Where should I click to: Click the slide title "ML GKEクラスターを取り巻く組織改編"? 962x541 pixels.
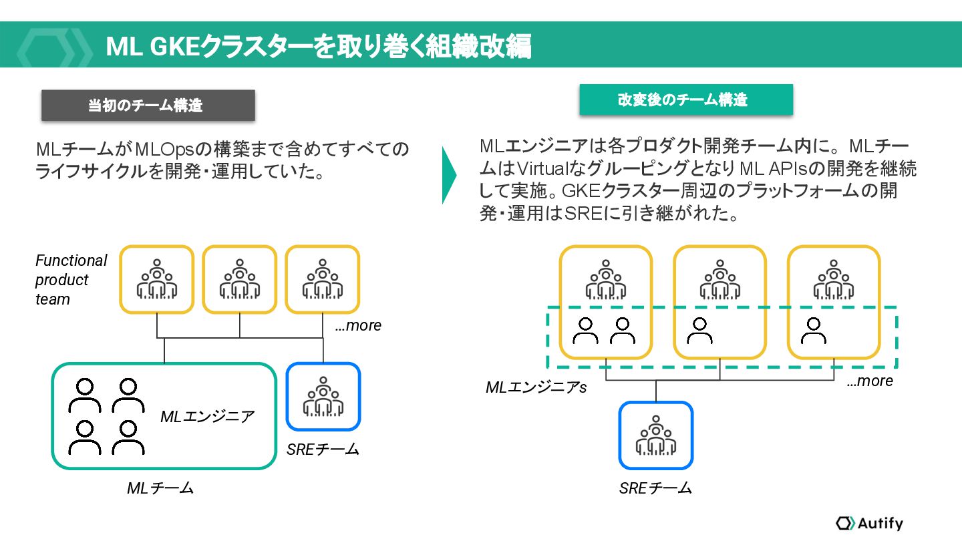[x=318, y=47]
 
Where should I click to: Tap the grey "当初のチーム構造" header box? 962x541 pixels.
[x=148, y=106]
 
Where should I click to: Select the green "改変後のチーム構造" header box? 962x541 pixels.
[x=685, y=100]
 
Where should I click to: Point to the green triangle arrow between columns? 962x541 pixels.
[x=449, y=175]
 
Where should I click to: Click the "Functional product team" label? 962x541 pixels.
[x=70, y=280]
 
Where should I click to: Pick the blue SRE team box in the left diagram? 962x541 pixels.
[x=323, y=397]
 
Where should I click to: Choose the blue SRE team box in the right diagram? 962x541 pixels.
[x=655, y=435]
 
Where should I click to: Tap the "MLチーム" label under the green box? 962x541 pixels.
[x=160, y=488]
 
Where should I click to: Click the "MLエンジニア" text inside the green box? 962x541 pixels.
[x=207, y=417]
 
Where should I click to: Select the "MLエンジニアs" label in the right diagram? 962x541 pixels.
[x=536, y=387]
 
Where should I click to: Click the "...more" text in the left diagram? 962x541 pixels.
[x=357, y=326]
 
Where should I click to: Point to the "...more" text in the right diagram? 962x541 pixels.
[x=869, y=381]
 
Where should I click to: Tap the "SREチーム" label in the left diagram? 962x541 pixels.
[x=323, y=449]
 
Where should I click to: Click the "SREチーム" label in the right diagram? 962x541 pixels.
[x=655, y=488]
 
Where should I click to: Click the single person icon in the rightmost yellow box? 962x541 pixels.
[x=812, y=330]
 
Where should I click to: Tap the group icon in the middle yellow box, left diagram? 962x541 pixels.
[x=239, y=279]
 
